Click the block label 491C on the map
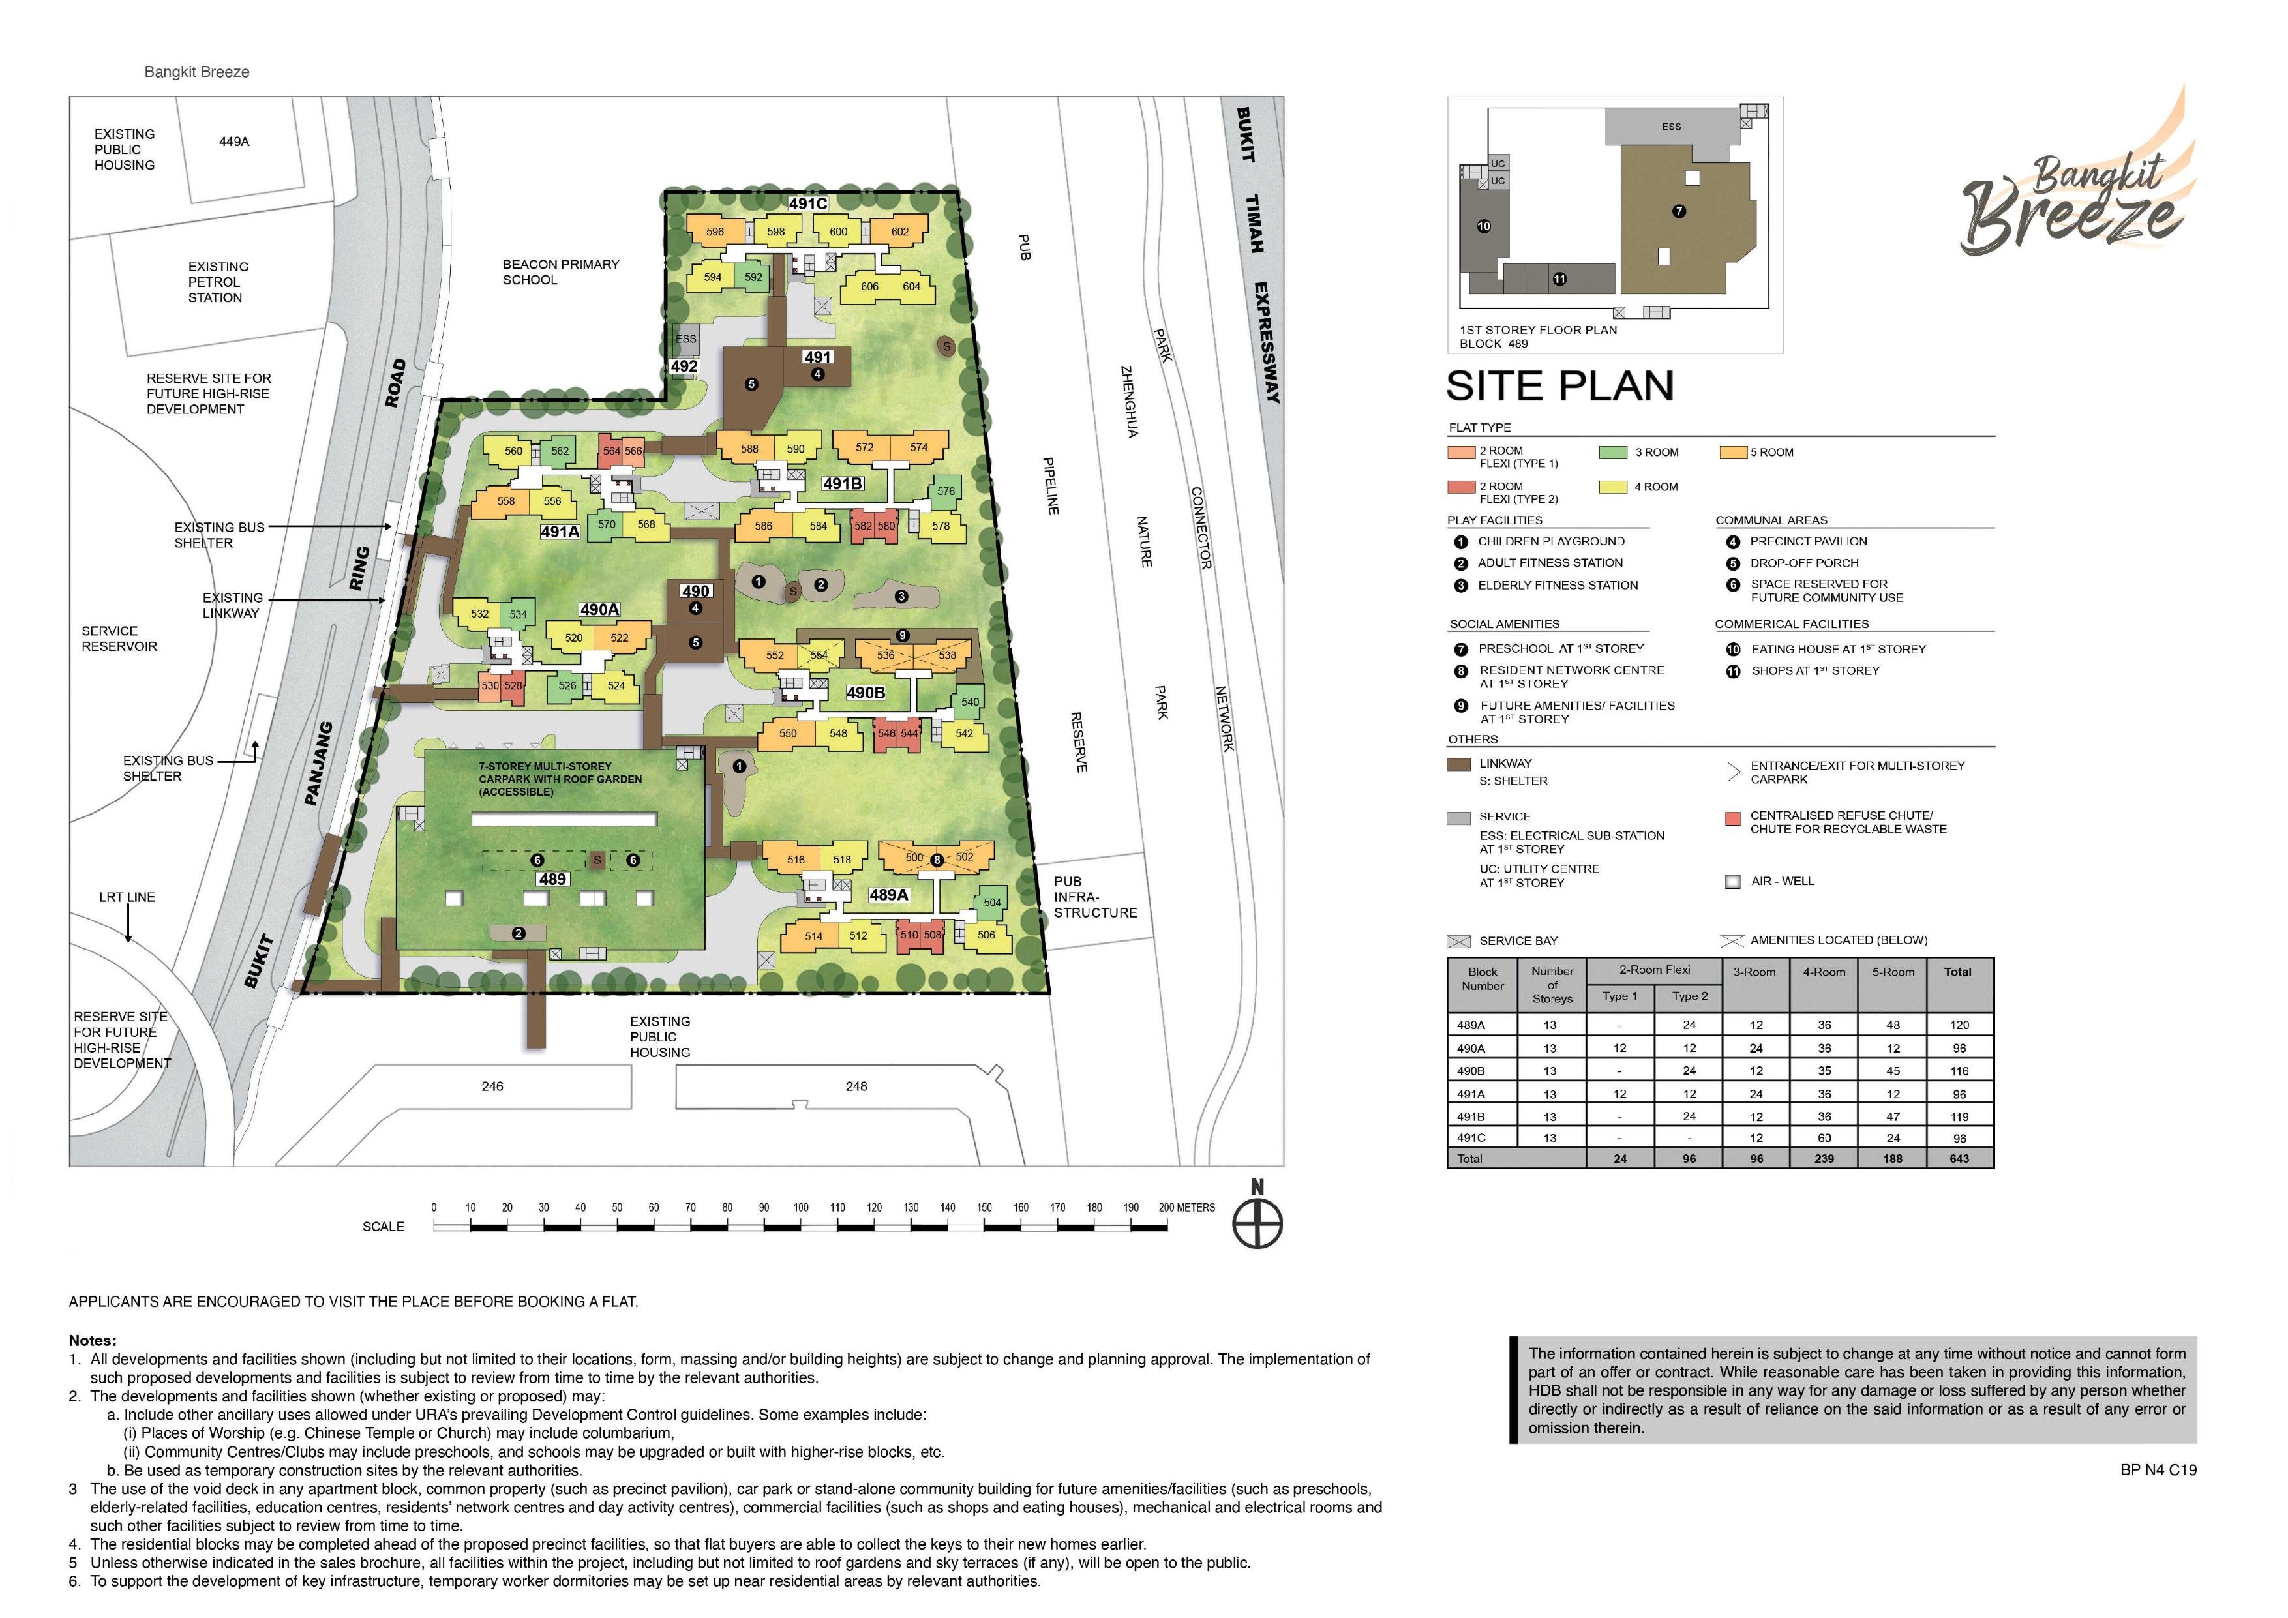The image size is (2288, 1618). click(808, 204)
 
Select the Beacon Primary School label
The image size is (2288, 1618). click(560, 272)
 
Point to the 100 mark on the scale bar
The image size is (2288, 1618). click(801, 1208)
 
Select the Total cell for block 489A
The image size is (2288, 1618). click(1959, 1024)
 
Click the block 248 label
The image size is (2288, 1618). click(856, 1086)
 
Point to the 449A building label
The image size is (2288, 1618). click(234, 142)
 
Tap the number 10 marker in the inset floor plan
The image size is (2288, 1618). click(1484, 226)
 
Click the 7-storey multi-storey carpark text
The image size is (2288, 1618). click(560, 779)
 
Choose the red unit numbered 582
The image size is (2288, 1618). click(863, 526)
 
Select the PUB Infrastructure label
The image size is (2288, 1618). click(1095, 897)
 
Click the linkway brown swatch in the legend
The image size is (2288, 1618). click(1459, 765)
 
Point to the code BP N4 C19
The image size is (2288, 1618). click(2158, 1469)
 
